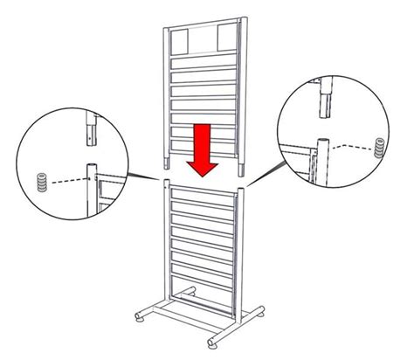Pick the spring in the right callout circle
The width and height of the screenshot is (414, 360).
[378, 146]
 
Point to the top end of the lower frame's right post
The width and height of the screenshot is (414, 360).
[241, 185]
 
